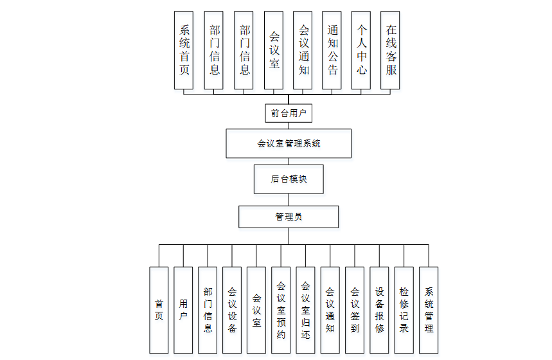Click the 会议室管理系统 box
(x=289, y=143)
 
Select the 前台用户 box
(x=289, y=113)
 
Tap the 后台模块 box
(x=289, y=179)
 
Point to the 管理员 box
(x=289, y=217)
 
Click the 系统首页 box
(x=184, y=50)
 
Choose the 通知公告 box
(x=332, y=50)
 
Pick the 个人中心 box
(x=362, y=50)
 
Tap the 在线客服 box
(x=391, y=50)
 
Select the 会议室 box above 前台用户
(x=274, y=50)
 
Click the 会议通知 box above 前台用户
(x=303, y=50)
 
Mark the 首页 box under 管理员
(x=159, y=310)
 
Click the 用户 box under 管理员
(x=183, y=310)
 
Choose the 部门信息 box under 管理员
(x=208, y=310)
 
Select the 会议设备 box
(x=232, y=310)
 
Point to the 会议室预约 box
(x=281, y=310)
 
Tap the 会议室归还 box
(x=305, y=310)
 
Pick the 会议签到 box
(x=355, y=310)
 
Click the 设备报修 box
(x=379, y=310)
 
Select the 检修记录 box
(x=404, y=310)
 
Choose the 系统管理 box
(x=429, y=310)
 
